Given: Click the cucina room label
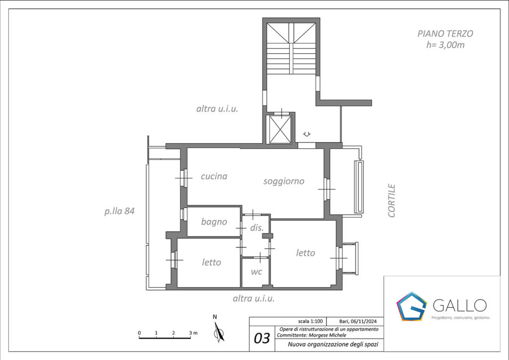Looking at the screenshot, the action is (214, 176).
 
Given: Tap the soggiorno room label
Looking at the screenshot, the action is (284, 181).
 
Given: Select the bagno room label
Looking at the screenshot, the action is (214, 222).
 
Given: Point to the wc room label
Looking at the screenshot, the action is (256, 271).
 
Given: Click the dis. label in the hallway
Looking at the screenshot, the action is (257, 228).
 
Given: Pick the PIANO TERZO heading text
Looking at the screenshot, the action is (445, 33).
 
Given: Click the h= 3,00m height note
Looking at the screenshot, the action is (445, 45).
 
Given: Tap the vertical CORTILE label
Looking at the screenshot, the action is (392, 200).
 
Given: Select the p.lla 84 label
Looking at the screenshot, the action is (119, 211).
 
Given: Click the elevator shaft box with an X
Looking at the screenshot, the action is (280, 129).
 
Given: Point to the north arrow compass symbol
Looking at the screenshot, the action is (219, 332).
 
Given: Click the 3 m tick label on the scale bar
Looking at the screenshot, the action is (193, 333).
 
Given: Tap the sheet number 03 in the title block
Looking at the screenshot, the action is (261, 338).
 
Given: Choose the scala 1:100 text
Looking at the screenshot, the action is (310, 321).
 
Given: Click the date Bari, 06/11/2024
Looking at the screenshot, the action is (358, 321).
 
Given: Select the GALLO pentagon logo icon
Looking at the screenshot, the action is (411, 306).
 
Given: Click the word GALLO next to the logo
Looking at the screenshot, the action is (460, 305).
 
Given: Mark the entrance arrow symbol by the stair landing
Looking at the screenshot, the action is (307, 134).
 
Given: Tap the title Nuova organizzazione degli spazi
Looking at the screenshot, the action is (333, 345).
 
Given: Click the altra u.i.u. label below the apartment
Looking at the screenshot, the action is (254, 298).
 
